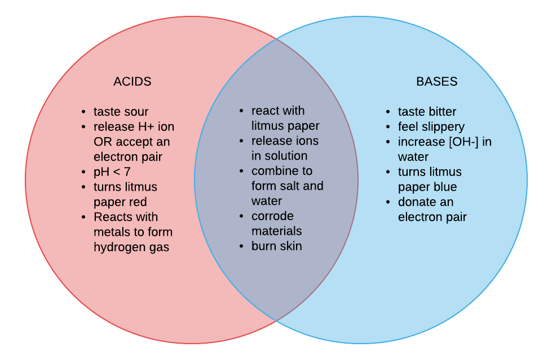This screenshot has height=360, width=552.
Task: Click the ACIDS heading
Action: click(133, 81)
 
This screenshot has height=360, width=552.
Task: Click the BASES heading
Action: click(436, 81)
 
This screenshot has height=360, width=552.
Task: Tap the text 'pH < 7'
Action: click(112, 172)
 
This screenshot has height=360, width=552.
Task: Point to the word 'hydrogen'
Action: click(115, 247)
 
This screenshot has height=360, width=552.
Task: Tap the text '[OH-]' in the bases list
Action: click(463, 142)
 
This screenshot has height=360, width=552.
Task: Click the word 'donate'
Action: click(417, 202)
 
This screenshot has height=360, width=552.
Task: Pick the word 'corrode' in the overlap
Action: click(272, 216)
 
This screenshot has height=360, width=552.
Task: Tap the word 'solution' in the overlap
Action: click(286, 156)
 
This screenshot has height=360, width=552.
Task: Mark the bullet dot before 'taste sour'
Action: click(83, 112)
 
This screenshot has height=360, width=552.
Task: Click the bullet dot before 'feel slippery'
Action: click(388, 128)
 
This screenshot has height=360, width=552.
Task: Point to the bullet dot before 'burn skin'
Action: click(241, 247)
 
